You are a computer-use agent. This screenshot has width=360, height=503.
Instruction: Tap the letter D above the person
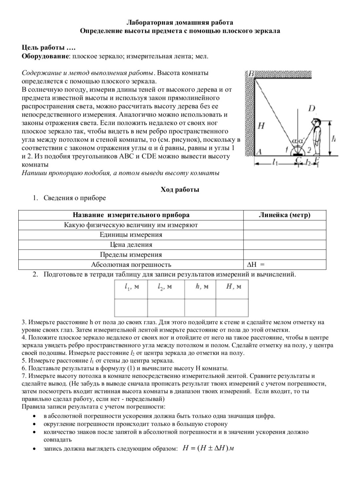click(x=312, y=108)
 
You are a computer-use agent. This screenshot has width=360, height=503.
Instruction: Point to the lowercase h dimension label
click(x=333, y=139)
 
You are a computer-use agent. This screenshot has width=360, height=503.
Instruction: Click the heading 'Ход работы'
click(x=180, y=189)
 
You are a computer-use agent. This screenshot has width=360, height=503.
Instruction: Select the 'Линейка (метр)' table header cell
click(x=284, y=215)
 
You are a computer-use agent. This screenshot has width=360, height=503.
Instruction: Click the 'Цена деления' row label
click(x=131, y=245)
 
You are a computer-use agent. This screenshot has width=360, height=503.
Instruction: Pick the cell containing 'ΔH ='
click(x=285, y=265)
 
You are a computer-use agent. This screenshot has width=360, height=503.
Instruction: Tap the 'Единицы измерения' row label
click(x=131, y=235)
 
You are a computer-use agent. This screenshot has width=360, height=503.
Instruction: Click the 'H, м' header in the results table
click(x=234, y=287)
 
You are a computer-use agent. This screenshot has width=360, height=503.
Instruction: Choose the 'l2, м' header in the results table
click(x=166, y=287)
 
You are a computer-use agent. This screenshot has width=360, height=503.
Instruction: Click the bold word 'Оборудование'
click(x=45, y=56)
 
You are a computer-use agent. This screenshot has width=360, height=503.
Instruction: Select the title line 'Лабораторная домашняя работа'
click(x=180, y=23)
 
